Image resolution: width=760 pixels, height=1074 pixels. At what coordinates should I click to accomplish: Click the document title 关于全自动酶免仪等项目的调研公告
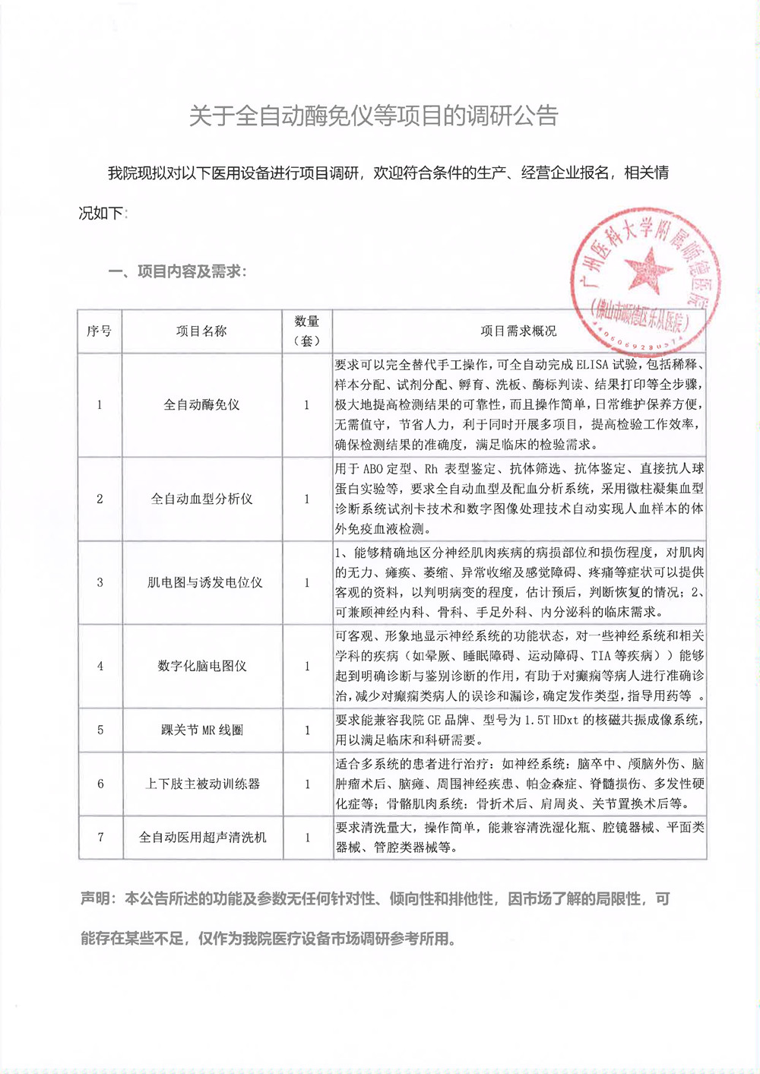click(373, 116)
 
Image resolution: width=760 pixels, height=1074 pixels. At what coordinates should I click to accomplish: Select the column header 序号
click(100, 331)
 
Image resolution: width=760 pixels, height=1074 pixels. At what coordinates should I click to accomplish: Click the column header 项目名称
click(201, 331)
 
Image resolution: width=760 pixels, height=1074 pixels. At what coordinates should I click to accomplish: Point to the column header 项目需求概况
click(518, 331)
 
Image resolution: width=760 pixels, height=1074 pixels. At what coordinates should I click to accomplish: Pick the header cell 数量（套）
click(307, 331)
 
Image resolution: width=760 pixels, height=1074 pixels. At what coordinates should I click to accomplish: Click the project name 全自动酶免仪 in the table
click(201, 405)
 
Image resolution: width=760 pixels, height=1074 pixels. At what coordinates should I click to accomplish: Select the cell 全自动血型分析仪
click(201, 499)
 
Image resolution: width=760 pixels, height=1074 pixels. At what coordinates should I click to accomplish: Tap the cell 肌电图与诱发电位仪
click(204, 583)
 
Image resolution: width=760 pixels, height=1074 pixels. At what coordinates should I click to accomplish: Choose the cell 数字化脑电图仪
click(202, 667)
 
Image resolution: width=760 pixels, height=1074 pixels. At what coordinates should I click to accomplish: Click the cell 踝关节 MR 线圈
click(202, 730)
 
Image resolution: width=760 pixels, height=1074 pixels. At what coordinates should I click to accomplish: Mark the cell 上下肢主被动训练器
click(203, 784)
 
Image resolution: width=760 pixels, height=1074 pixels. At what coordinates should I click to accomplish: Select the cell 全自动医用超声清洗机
click(203, 838)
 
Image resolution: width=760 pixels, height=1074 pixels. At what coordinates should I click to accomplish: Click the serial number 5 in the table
click(100, 730)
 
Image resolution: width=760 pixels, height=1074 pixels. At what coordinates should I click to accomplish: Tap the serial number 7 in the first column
click(100, 838)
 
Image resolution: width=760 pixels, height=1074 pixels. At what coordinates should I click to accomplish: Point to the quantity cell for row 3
click(307, 583)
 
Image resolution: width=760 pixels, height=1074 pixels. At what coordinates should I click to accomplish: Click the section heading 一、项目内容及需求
click(177, 271)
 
